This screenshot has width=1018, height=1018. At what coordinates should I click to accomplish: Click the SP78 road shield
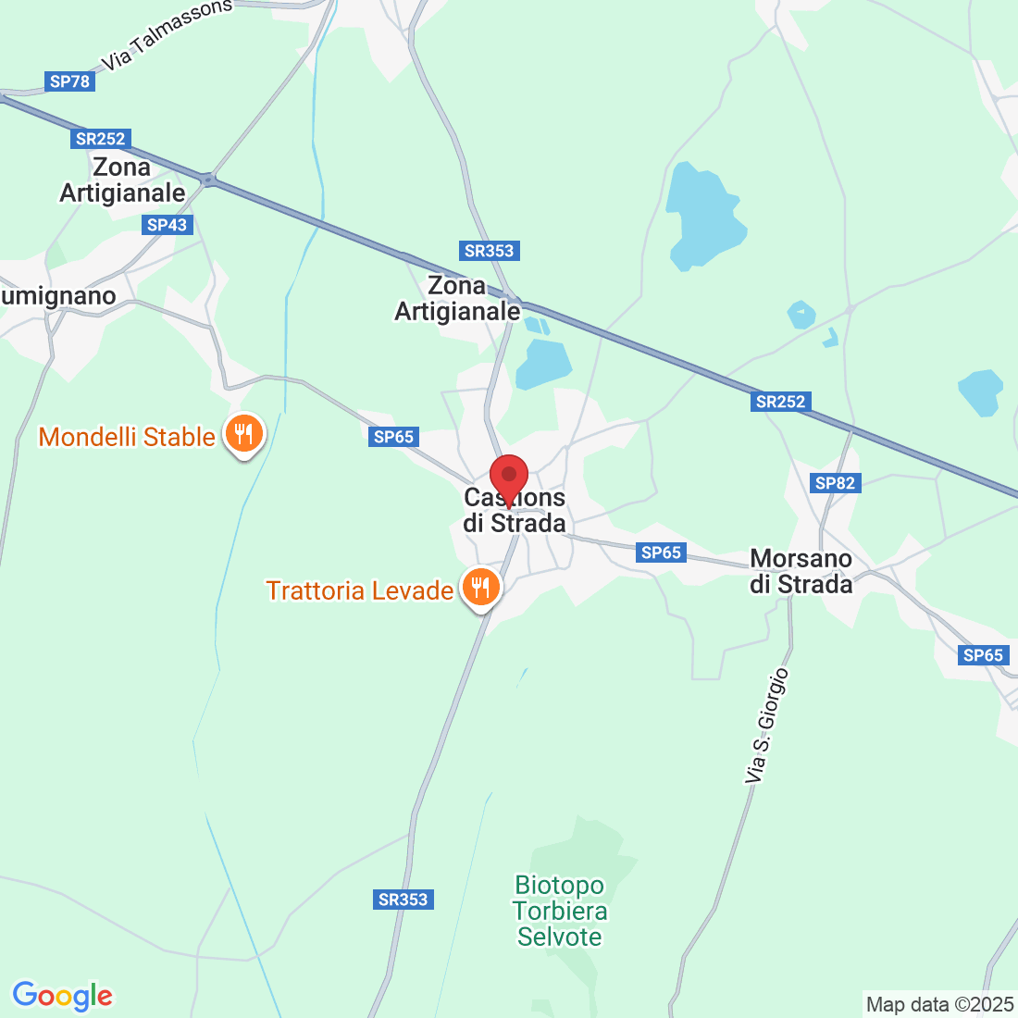point(70,81)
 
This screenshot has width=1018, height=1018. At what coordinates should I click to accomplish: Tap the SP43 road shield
point(167,225)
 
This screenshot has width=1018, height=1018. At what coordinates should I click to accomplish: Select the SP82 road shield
point(835,483)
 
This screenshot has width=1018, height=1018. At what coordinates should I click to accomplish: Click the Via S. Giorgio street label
point(768,726)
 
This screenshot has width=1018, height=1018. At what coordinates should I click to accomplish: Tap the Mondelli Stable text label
point(127,437)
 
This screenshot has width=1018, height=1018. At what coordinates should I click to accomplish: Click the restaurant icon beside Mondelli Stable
point(243,432)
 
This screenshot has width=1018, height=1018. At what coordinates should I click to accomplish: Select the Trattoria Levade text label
point(359,590)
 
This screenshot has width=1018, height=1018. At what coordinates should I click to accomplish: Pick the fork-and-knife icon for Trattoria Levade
point(479,587)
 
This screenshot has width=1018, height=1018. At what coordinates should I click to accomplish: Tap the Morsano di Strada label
point(801,572)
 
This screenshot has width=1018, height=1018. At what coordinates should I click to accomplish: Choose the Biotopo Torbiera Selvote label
point(560,912)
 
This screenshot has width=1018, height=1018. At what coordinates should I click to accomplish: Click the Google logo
point(62,996)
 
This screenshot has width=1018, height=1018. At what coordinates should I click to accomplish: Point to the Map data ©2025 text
point(939,1004)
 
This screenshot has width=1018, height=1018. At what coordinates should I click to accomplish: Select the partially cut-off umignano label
point(58,296)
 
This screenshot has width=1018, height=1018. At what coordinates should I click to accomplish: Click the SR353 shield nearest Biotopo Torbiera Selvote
point(403,900)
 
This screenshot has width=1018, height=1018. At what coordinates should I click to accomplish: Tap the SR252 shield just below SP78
point(100,139)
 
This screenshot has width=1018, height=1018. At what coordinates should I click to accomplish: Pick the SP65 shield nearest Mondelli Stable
point(394,437)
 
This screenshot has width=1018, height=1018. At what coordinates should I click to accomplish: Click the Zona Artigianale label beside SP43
point(122,180)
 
